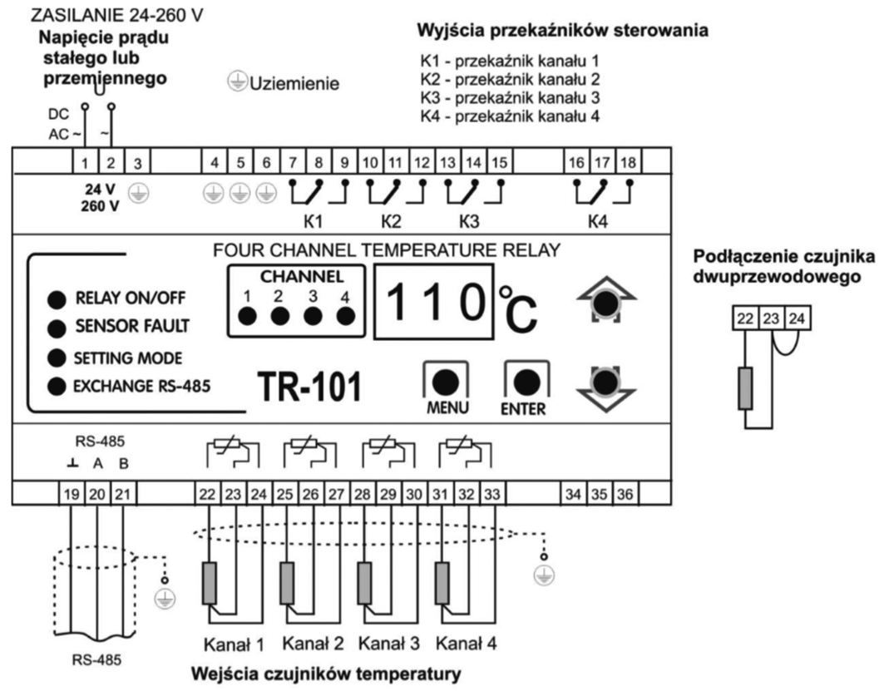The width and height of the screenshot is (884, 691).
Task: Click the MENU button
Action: click(x=445, y=382)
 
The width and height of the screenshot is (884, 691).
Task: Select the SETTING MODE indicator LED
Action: click(x=57, y=358)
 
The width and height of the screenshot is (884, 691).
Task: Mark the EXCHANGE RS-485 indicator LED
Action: click(x=57, y=386)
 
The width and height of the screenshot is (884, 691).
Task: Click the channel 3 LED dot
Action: click(x=313, y=316)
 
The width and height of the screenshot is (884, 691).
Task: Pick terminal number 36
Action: click(x=625, y=494)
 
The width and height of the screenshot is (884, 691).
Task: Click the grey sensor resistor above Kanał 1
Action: click(x=209, y=583)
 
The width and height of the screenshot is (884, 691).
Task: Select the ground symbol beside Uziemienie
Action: click(x=238, y=83)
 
